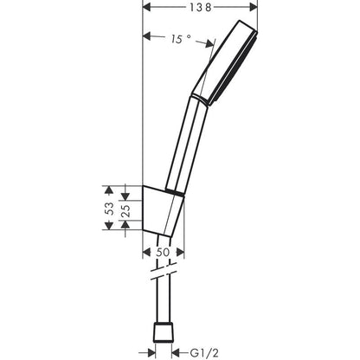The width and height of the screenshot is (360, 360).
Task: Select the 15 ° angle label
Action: [x=178, y=38]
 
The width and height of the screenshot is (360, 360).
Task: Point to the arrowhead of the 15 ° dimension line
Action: [x=146, y=36]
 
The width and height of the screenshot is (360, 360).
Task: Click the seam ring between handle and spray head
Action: [x=202, y=103]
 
